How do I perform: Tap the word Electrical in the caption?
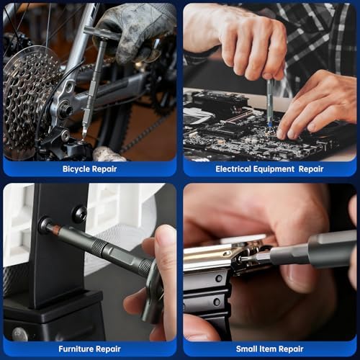point(233,169)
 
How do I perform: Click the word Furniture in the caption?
point(73,348)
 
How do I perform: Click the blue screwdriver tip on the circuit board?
point(270,123)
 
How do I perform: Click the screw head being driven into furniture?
point(45,224)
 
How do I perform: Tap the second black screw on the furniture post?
point(80,214)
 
